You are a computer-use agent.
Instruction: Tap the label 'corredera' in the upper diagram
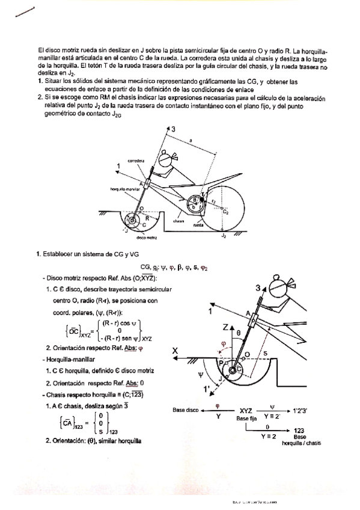click(x=133, y=161)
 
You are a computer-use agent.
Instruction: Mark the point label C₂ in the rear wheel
click(x=225, y=212)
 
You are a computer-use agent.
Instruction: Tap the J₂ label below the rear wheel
click(x=224, y=236)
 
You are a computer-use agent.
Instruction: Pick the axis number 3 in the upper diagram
click(x=174, y=130)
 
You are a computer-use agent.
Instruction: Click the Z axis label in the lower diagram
click(x=223, y=327)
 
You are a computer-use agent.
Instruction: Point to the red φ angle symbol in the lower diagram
click(x=225, y=344)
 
